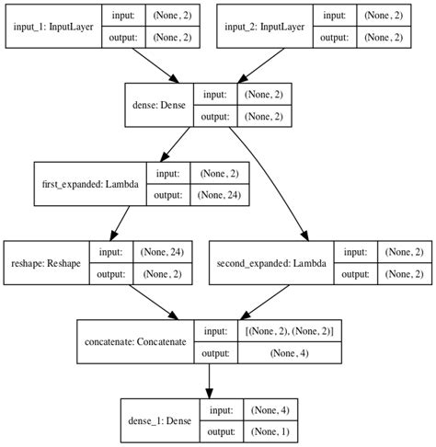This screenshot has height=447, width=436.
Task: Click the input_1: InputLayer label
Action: point(52,28)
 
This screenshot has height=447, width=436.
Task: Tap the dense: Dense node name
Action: point(157,106)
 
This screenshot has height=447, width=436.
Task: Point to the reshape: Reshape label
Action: point(46,262)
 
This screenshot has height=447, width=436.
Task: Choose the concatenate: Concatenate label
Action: point(133,340)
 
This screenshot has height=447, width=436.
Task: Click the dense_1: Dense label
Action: point(156,419)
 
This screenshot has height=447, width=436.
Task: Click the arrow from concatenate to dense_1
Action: point(210,380)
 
